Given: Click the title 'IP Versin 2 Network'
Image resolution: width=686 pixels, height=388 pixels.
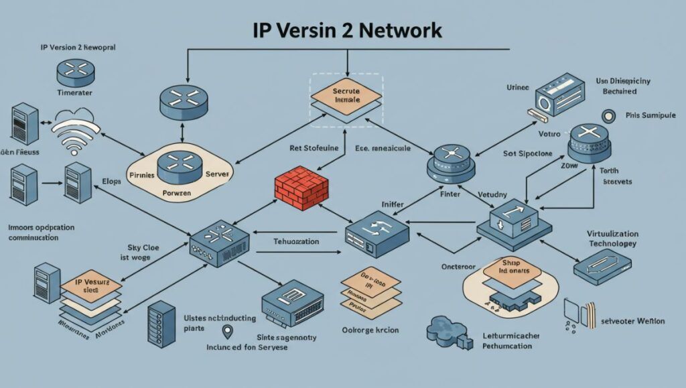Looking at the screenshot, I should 347,30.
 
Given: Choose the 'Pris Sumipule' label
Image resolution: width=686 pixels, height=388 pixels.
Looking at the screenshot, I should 650,115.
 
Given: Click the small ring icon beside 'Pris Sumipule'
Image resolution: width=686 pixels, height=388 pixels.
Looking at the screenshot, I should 608,115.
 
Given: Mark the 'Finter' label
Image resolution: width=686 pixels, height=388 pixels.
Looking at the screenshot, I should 450,194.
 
